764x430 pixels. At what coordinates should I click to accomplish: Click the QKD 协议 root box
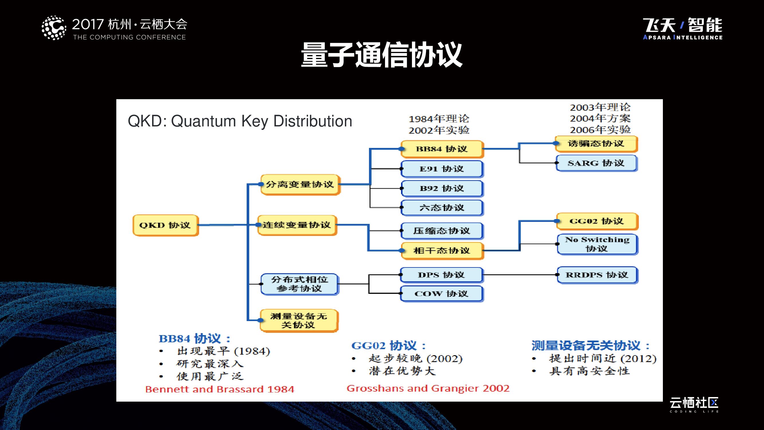point(166,225)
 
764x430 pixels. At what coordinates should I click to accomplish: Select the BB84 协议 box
point(442,149)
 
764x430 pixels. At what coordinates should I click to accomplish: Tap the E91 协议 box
point(442,169)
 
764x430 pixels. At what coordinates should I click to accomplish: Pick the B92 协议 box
point(442,188)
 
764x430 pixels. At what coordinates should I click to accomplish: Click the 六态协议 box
point(442,208)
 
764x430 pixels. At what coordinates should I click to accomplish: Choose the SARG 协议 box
point(596,163)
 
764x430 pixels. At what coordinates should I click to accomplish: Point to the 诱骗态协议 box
point(596,144)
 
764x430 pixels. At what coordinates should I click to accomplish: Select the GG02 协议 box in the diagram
point(597,221)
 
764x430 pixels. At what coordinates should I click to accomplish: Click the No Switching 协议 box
point(597,244)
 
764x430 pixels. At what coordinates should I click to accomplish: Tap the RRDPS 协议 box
point(597,275)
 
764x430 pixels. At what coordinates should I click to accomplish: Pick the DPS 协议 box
point(442,275)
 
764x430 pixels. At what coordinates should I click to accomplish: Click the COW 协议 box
point(442,294)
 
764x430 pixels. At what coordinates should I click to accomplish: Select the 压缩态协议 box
point(442,231)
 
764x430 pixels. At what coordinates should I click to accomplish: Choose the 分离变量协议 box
point(300,185)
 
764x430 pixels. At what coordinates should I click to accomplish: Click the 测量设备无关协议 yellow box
point(299,320)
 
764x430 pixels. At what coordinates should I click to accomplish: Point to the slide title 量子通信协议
point(382,55)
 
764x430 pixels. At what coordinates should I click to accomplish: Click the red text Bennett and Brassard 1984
point(220,389)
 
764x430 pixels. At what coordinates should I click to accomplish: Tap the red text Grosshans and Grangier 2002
point(428,388)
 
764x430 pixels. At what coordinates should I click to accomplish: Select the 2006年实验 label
point(600,130)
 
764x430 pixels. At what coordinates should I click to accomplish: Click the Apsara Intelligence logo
point(683,28)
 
